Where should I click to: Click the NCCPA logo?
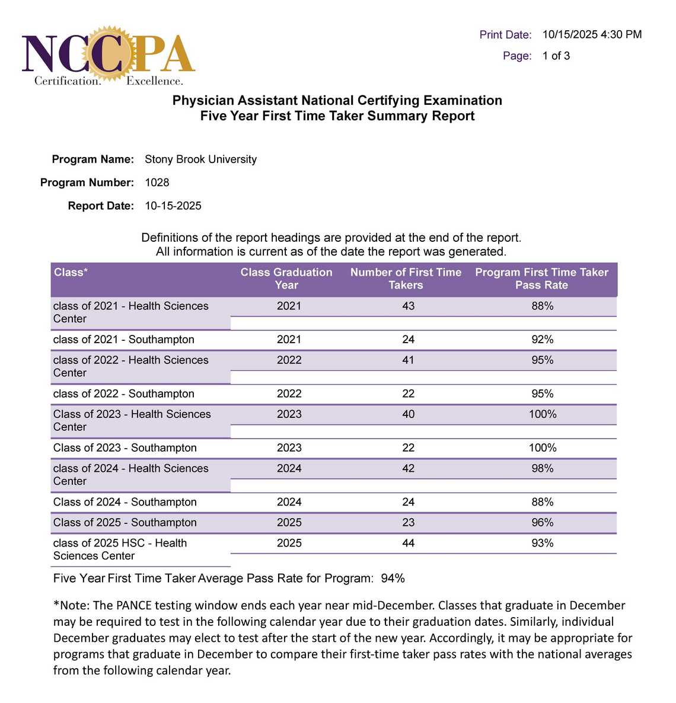pyautogui.click(x=108, y=56)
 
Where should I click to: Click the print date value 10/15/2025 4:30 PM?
pyautogui.click(x=591, y=34)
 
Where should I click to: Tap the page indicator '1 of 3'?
pyautogui.click(x=556, y=56)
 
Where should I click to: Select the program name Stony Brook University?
pyautogui.click(x=200, y=159)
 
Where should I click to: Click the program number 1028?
pyautogui.click(x=157, y=183)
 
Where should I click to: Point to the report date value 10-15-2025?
pyautogui.click(x=173, y=206)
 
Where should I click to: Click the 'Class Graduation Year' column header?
pyautogui.click(x=286, y=279)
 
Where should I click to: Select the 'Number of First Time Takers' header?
pyautogui.click(x=406, y=279)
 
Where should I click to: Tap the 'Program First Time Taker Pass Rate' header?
pyautogui.click(x=541, y=279)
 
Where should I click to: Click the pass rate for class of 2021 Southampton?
pyautogui.click(x=542, y=340)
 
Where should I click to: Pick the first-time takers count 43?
pyautogui.click(x=408, y=306)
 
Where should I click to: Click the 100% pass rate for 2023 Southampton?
pyautogui.click(x=542, y=448)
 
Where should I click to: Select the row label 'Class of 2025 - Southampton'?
pyautogui.click(x=125, y=522)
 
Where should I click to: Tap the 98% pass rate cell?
pyautogui.click(x=542, y=468)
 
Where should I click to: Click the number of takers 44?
pyautogui.click(x=408, y=543)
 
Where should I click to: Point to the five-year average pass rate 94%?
pyautogui.click(x=393, y=579)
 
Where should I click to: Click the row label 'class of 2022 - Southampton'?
pyautogui.click(x=123, y=394)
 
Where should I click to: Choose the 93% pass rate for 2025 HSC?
pyautogui.click(x=542, y=543)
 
